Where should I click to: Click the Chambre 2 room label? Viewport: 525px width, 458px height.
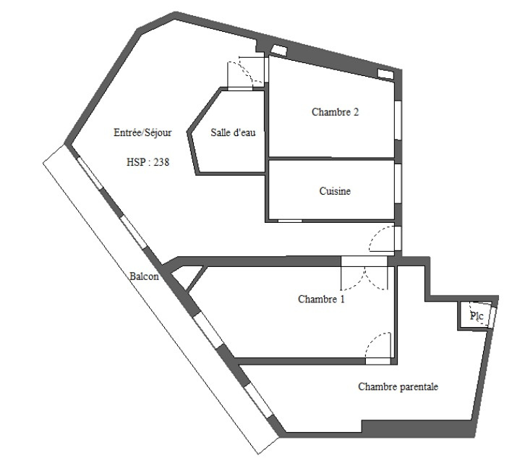coord(335,112)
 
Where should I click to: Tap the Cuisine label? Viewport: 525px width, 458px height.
coord(335,191)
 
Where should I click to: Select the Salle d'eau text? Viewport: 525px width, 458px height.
coord(233,132)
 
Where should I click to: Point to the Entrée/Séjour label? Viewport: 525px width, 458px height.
coord(142,132)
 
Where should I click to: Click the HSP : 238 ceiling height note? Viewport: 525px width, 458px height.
coord(148,162)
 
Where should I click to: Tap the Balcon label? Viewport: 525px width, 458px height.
coord(144,276)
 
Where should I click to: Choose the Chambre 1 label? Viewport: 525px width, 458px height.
coord(321,299)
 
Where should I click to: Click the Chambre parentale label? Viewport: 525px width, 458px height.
coord(398,386)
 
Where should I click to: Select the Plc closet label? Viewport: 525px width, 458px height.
coord(477,316)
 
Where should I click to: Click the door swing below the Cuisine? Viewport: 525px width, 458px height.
coord(382,239)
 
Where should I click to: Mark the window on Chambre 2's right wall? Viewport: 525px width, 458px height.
coord(398,120)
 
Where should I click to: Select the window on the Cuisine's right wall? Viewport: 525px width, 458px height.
coord(398,183)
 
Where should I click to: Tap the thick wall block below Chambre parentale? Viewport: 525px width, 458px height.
coord(419,428)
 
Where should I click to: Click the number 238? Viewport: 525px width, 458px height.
coord(161,162)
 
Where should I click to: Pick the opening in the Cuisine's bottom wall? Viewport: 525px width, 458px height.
coord(290,221)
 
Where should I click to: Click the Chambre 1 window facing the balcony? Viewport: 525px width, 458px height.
coord(208,331)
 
